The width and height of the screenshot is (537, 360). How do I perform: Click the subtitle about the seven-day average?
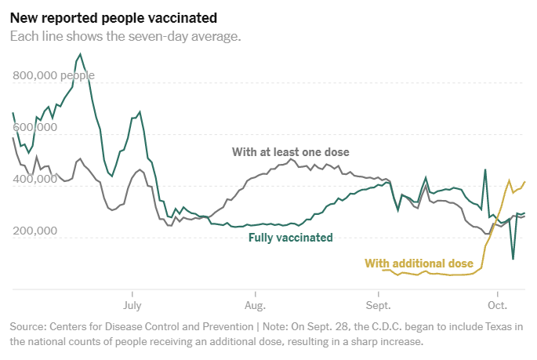click(125, 36)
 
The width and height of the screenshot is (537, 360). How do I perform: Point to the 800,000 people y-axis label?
click(53, 76)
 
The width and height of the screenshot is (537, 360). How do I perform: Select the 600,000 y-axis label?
click(34, 128)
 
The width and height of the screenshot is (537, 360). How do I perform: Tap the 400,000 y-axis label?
click(34, 180)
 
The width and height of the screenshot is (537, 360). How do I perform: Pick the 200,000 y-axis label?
click(34, 231)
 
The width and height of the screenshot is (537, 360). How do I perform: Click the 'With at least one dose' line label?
click(290, 151)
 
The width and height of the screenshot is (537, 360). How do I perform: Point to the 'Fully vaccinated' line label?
click(291, 238)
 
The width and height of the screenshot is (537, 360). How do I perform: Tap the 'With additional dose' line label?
click(419, 263)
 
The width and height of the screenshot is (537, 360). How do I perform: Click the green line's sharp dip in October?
click(513, 259)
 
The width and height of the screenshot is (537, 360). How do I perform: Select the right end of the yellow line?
click(524, 182)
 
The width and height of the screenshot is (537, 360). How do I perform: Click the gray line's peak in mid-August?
click(290, 159)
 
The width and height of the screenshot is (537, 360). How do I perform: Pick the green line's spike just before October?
click(485, 169)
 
